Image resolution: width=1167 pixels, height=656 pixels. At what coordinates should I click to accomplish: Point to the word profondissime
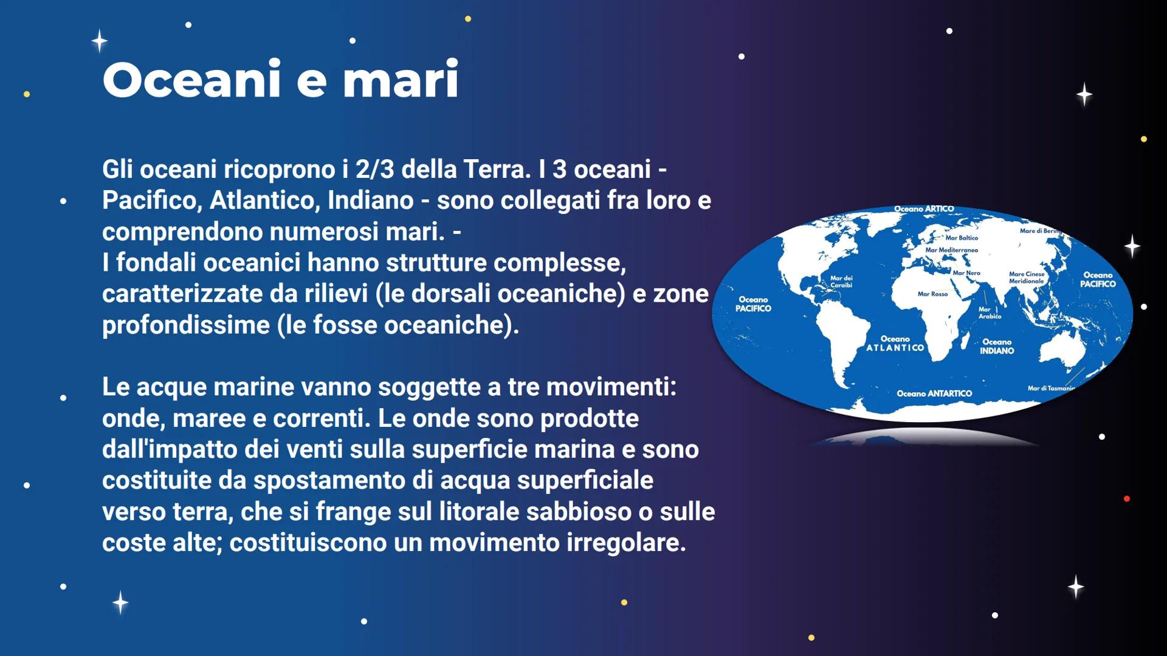click(x=186, y=325)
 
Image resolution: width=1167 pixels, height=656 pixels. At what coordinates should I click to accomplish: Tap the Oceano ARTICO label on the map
click(x=924, y=209)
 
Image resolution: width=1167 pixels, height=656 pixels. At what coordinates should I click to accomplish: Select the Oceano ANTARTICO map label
click(x=934, y=394)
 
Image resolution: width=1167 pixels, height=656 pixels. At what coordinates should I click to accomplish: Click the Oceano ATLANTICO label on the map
click(x=895, y=344)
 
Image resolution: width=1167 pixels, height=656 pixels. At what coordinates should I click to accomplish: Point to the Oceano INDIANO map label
click(x=997, y=346)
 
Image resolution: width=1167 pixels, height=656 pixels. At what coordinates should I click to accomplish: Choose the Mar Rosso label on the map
click(x=932, y=294)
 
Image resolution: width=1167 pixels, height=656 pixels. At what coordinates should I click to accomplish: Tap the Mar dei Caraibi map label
click(x=841, y=281)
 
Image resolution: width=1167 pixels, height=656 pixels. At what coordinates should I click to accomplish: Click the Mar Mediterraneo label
click(x=951, y=250)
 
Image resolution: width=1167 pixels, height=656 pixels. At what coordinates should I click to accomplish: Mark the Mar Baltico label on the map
click(x=962, y=238)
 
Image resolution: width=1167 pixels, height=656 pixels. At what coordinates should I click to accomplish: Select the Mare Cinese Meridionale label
click(x=1027, y=278)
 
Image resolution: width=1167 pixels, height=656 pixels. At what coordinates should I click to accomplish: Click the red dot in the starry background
click(x=1127, y=499)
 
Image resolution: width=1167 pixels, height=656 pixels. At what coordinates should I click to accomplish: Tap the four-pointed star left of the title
click(x=100, y=41)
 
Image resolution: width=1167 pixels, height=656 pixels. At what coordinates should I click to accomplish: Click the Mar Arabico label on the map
click(x=990, y=313)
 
